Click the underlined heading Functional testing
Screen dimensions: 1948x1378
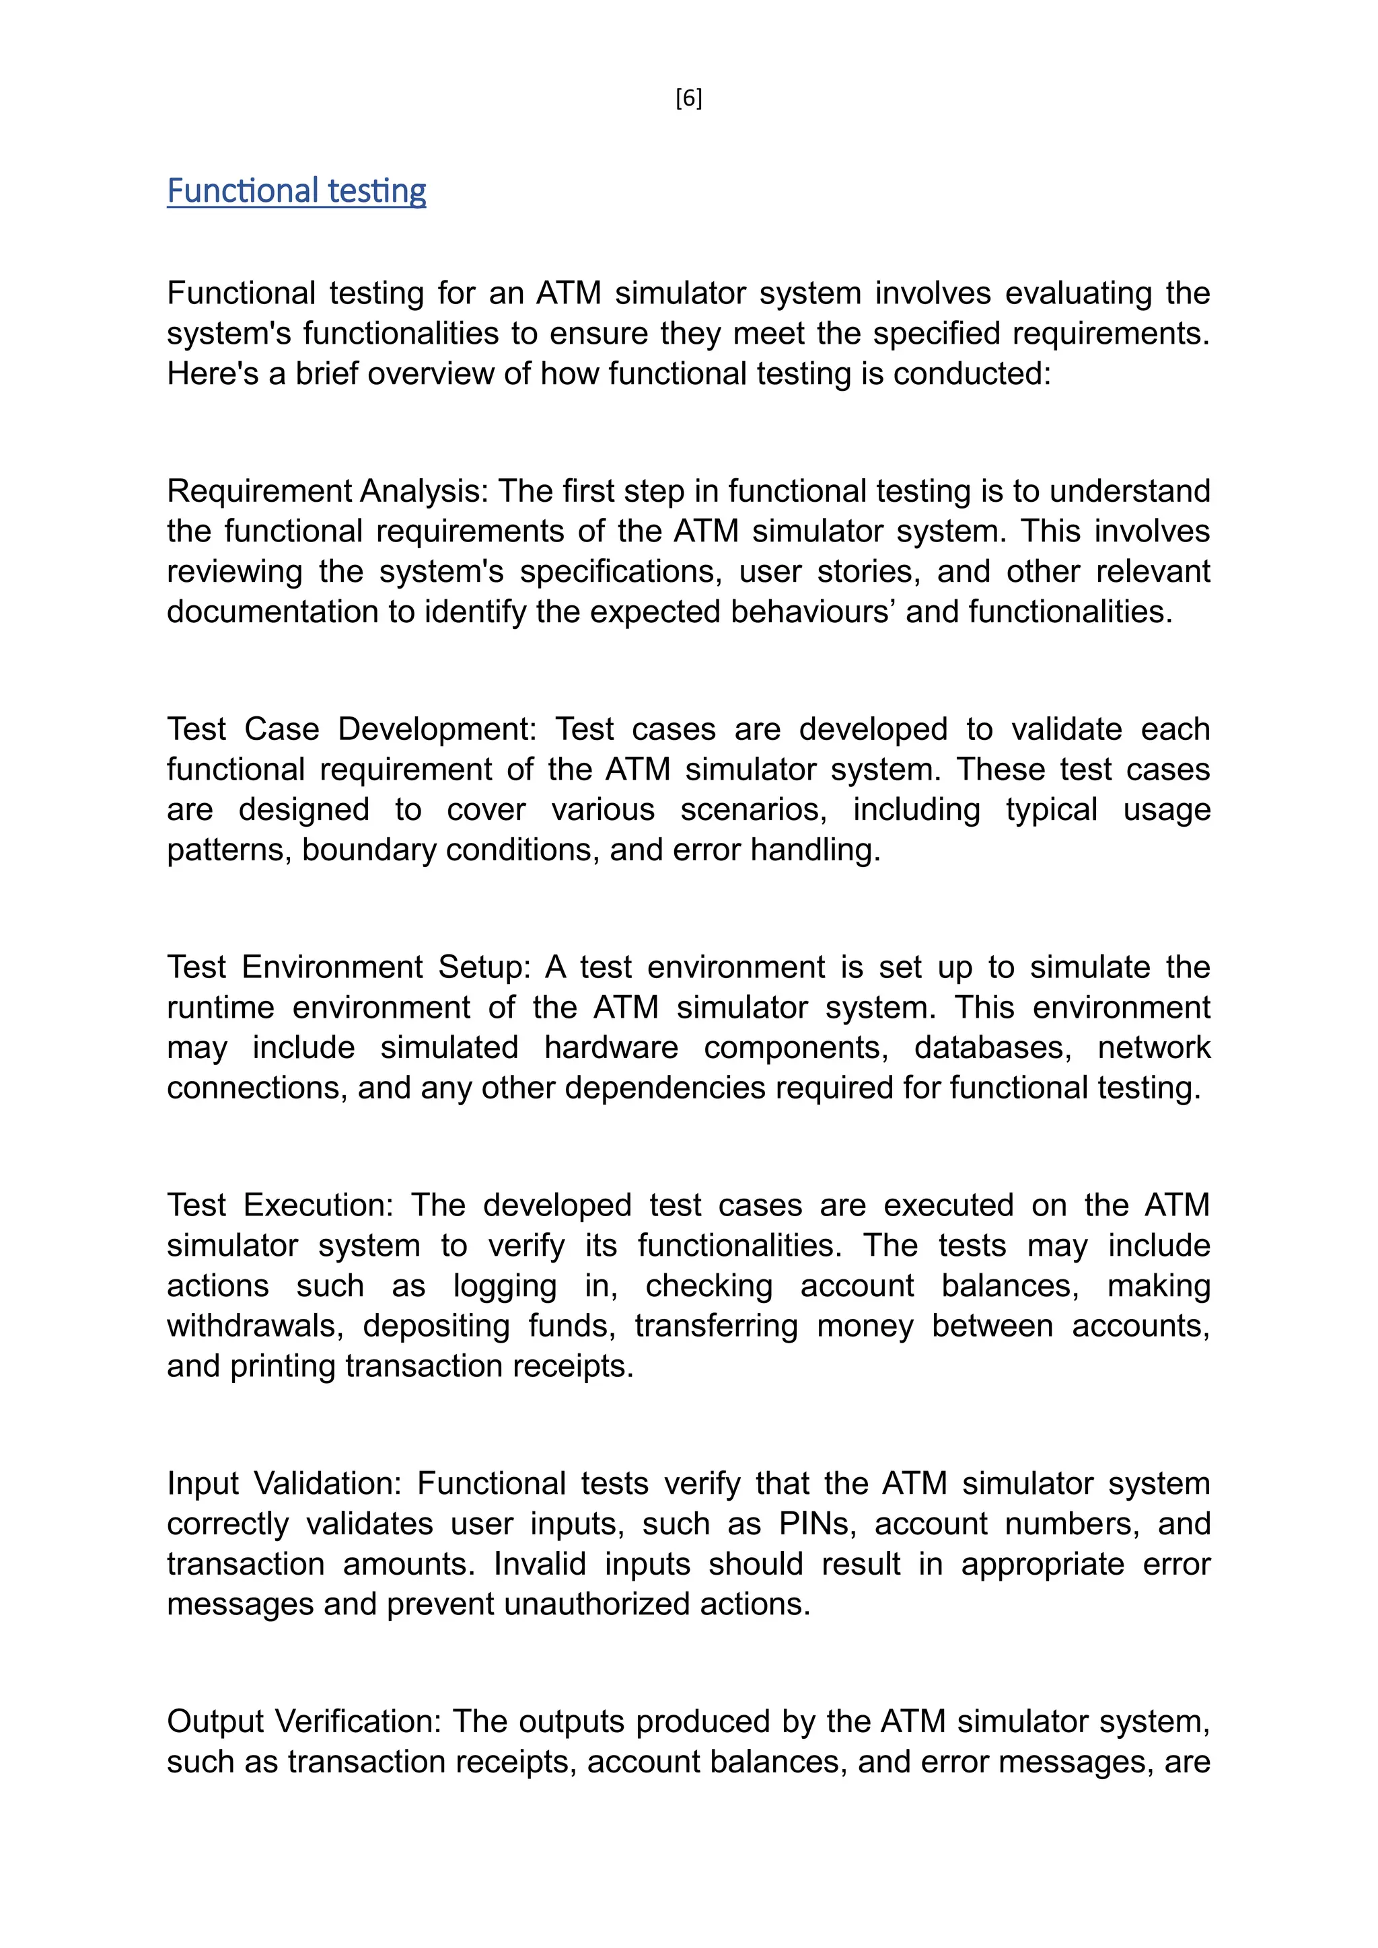click(x=296, y=191)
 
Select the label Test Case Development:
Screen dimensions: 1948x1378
click(x=351, y=730)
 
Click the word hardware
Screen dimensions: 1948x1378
click(x=611, y=1048)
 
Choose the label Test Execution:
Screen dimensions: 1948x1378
click(x=280, y=1205)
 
